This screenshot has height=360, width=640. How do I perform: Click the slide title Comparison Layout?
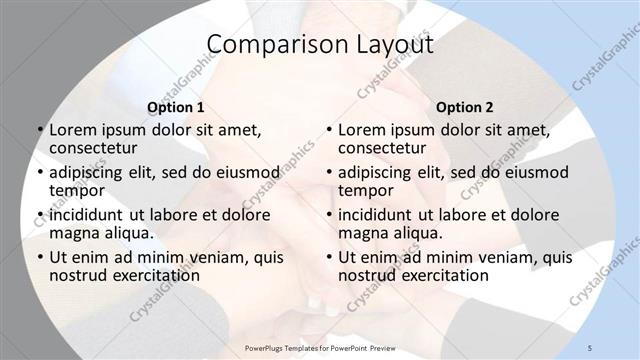pyautogui.click(x=320, y=45)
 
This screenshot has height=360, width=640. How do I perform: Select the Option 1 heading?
pyautogui.click(x=176, y=107)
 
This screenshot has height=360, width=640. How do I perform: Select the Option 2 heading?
pyautogui.click(x=465, y=107)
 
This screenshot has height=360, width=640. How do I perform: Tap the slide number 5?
pyautogui.click(x=591, y=347)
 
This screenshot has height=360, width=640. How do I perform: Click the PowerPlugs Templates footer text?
pyautogui.click(x=321, y=347)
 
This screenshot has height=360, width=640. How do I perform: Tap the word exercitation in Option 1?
pyautogui.click(x=149, y=275)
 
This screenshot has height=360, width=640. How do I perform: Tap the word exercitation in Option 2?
pyautogui.click(x=438, y=275)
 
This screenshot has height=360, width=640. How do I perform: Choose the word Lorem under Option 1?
pyautogui.click(x=72, y=130)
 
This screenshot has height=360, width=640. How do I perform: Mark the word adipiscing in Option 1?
pyautogui.click(x=88, y=172)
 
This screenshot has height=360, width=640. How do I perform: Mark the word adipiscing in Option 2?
pyautogui.click(x=377, y=172)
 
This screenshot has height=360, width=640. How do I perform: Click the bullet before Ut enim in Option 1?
pyautogui.click(x=39, y=257)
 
